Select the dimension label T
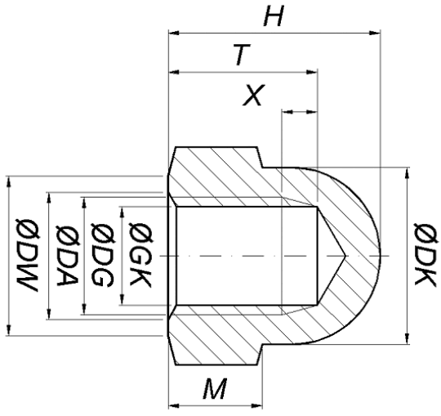click(x=240, y=55)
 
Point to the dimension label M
click(x=214, y=389)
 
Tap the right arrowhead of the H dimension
click(x=377, y=34)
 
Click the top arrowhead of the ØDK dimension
click(x=406, y=172)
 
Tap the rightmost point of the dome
click(x=381, y=257)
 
